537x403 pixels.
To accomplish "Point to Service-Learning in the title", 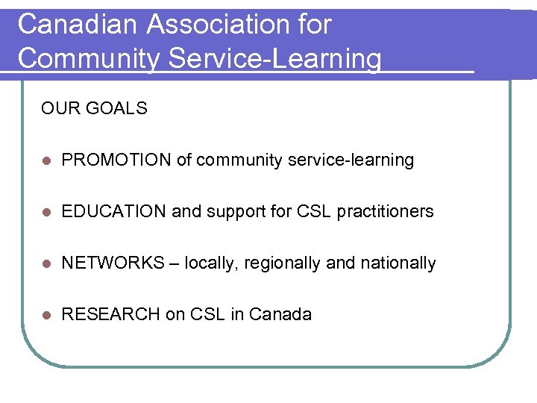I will (x=274, y=58).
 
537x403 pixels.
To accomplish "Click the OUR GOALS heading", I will (x=94, y=109).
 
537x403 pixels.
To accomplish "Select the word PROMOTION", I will (x=116, y=160).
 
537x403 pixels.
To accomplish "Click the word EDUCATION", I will (x=114, y=212).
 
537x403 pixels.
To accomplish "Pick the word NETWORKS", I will (x=113, y=263).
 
